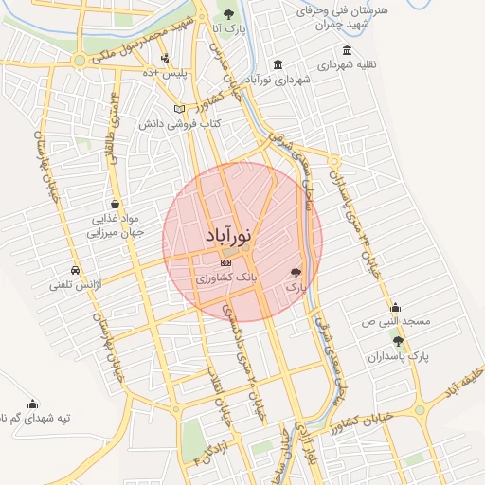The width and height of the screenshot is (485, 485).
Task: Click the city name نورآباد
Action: tap(229, 236)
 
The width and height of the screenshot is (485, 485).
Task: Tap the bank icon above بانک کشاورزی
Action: tap(225, 262)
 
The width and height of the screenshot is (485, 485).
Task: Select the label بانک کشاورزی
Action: tap(225, 279)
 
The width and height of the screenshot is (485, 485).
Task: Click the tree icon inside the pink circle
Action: tap(297, 271)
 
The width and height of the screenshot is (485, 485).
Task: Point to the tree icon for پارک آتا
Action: tap(229, 13)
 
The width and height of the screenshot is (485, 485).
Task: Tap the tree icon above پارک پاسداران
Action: tap(398, 341)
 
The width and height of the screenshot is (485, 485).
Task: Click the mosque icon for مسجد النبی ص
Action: tap(395, 307)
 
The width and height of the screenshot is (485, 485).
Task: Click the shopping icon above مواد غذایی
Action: tap(115, 203)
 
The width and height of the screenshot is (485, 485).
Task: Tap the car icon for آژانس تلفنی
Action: tap(75, 268)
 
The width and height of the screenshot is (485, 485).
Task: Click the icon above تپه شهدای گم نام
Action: tap(33, 403)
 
